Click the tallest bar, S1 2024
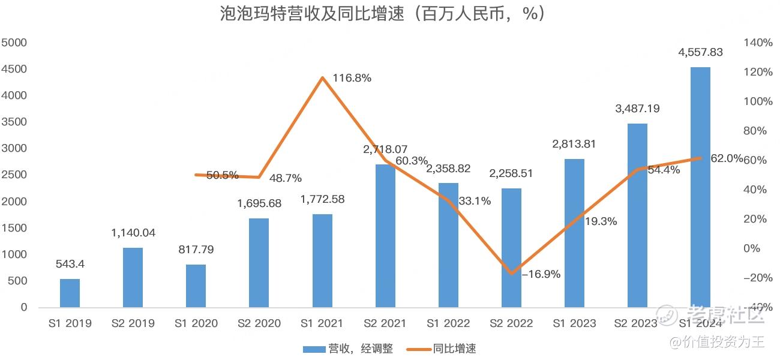click(x=700, y=187)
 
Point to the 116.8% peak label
click(x=351, y=78)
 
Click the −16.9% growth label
click(x=541, y=274)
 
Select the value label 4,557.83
click(x=700, y=53)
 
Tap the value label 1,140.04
click(x=133, y=233)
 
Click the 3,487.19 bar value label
click(x=637, y=109)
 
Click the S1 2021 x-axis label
click(x=322, y=323)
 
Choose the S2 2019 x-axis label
click(x=133, y=323)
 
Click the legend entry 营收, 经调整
click(x=348, y=349)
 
